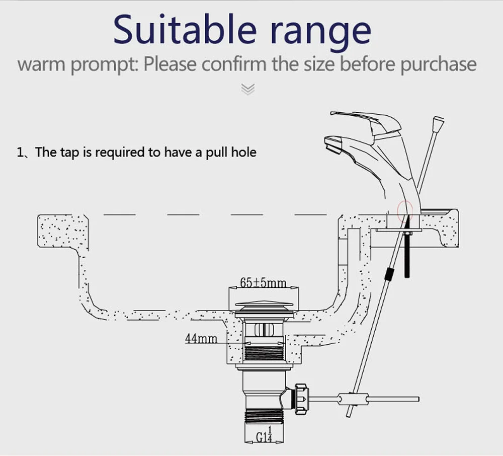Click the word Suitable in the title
[x=185, y=29]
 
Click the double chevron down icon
[x=248, y=89]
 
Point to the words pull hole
[x=231, y=153]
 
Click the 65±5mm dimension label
[x=263, y=282]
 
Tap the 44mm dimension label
[x=201, y=339]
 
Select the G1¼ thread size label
[x=265, y=435]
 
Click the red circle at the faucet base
[x=404, y=211]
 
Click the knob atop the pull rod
[x=438, y=124]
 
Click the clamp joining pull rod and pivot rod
[x=352, y=400]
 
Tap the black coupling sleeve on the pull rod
[x=389, y=274]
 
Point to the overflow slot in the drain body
[x=264, y=330]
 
